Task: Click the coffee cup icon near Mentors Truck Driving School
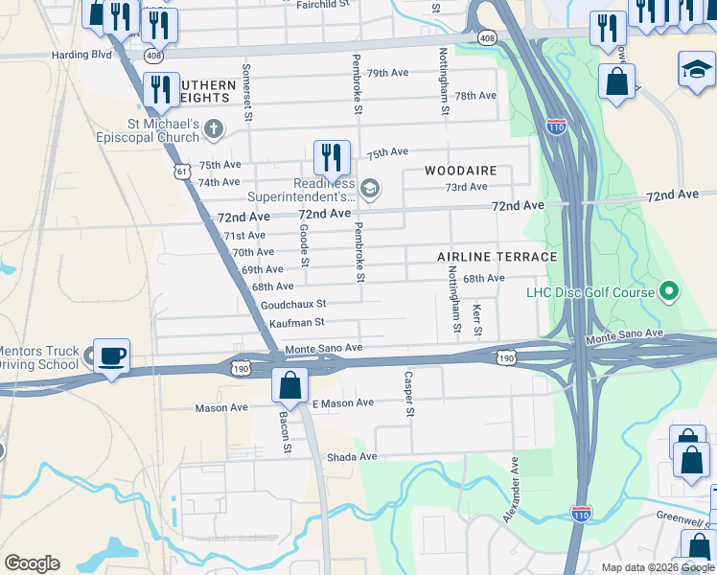click(x=112, y=356)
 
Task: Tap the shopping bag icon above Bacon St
click(x=289, y=385)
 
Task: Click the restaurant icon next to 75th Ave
click(x=332, y=157)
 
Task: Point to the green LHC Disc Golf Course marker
click(x=671, y=291)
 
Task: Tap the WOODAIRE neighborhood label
click(x=461, y=171)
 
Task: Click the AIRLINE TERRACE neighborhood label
click(x=497, y=257)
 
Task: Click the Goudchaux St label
click(x=293, y=305)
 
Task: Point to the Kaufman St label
click(x=297, y=323)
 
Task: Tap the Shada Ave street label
click(x=353, y=457)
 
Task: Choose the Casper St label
click(x=409, y=395)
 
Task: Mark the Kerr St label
click(x=477, y=320)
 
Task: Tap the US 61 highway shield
click(x=182, y=171)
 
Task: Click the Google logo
click(x=32, y=563)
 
